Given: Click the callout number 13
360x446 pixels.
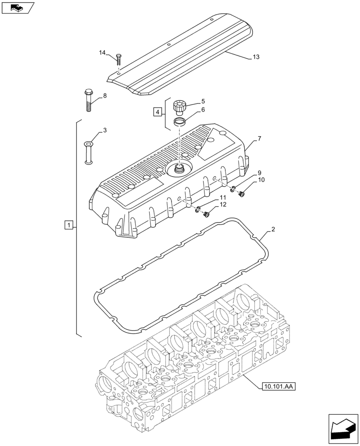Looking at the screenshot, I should (x=256, y=57).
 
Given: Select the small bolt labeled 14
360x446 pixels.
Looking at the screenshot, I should (x=119, y=60).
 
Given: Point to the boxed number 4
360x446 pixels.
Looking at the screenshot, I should (x=157, y=111).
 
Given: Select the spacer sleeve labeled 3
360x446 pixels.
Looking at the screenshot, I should (x=88, y=153).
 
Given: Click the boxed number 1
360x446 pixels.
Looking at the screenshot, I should (x=67, y=225).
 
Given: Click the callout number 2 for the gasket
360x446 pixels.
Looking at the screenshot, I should (x=273, y=229).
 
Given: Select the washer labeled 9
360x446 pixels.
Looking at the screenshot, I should (x=233, y=189).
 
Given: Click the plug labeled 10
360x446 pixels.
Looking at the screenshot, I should (x=243, y=194).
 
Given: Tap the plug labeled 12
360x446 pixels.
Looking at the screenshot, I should (x=206, y=215).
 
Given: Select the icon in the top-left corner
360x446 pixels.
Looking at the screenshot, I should (x=18, y=8).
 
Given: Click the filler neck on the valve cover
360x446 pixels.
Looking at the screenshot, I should (x=180, y=169).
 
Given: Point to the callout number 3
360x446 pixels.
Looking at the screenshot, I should (x=105, y=130).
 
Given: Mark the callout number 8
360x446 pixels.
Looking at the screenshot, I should (x=105, y=95).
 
